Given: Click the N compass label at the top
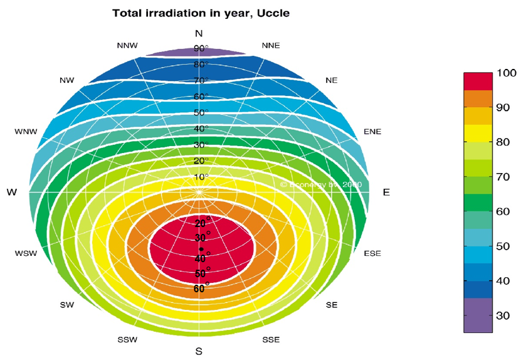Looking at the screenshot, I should pos(199,33).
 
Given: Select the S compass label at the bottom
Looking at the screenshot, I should pos(199,351).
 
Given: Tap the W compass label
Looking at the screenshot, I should pos(11,193).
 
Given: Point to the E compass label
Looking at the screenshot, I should pos(386,193).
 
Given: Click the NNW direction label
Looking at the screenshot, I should pos(127,46).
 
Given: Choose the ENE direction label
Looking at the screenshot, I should pos(372,132).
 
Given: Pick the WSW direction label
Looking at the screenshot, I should pos(26,254).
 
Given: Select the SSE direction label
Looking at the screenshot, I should pos(271,339).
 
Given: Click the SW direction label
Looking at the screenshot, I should pos(67,305).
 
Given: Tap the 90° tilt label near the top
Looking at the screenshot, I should pos(201,48).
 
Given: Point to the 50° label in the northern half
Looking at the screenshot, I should pos(201,112).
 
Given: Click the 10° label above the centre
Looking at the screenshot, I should pos(201,177).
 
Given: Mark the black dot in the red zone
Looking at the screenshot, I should pos(201,249).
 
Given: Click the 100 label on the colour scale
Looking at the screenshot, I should pos(506,73).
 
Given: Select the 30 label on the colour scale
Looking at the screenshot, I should pos(503,315).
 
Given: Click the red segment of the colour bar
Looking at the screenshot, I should pos(478,82).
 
